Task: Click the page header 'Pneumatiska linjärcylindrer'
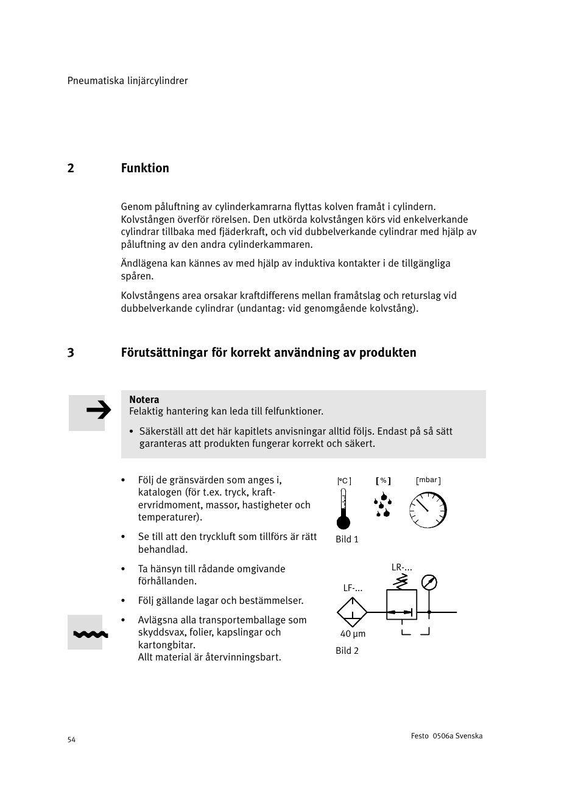[x=127, y=81]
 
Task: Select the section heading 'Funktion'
[x=145, y=168]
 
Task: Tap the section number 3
[x=71, y=352]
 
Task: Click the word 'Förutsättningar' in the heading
[x=164, y=352]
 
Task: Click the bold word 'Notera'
[x=144, y=399]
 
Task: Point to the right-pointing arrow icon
[x=98, y=412]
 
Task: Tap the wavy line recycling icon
[x=90, y=634]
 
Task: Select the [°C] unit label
[x=344, y=481]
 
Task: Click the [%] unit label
[x=383, y=481]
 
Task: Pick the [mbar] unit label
[x=428, y=480]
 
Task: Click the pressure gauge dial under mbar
[x=428, y=510]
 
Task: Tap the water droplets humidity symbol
[x=382, y=506]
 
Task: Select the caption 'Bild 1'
[x=347, y=539]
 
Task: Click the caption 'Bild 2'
[x=347, y=651]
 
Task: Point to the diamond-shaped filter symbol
[x=352, y=612]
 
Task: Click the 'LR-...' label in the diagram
[x=402, y=567]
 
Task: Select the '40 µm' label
[x=353, y=634]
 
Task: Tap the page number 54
[x=71, y=740]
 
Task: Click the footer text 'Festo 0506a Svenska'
[x=446, y=736]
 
